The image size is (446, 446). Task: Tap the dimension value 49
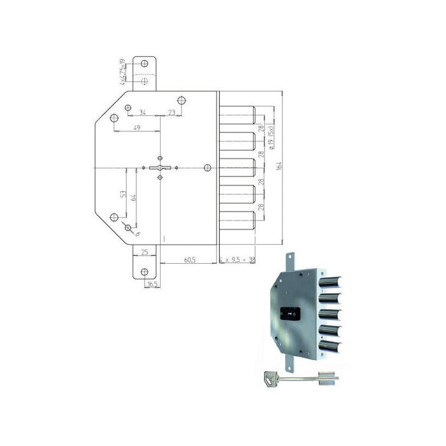pos(137,128)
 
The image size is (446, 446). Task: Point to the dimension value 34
pos(142,113)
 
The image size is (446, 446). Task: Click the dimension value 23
pos(171,113)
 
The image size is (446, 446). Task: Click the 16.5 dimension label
pos(152,284)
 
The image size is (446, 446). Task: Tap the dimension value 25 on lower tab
pos(145,253)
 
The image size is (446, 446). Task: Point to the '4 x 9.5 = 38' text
pos(237,261)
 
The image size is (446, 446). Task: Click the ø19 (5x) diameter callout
pos(272,137)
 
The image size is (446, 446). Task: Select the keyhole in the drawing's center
pos(160,168)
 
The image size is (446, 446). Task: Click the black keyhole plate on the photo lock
pos(289,314)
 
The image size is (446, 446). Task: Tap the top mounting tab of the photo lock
pos(291,260)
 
